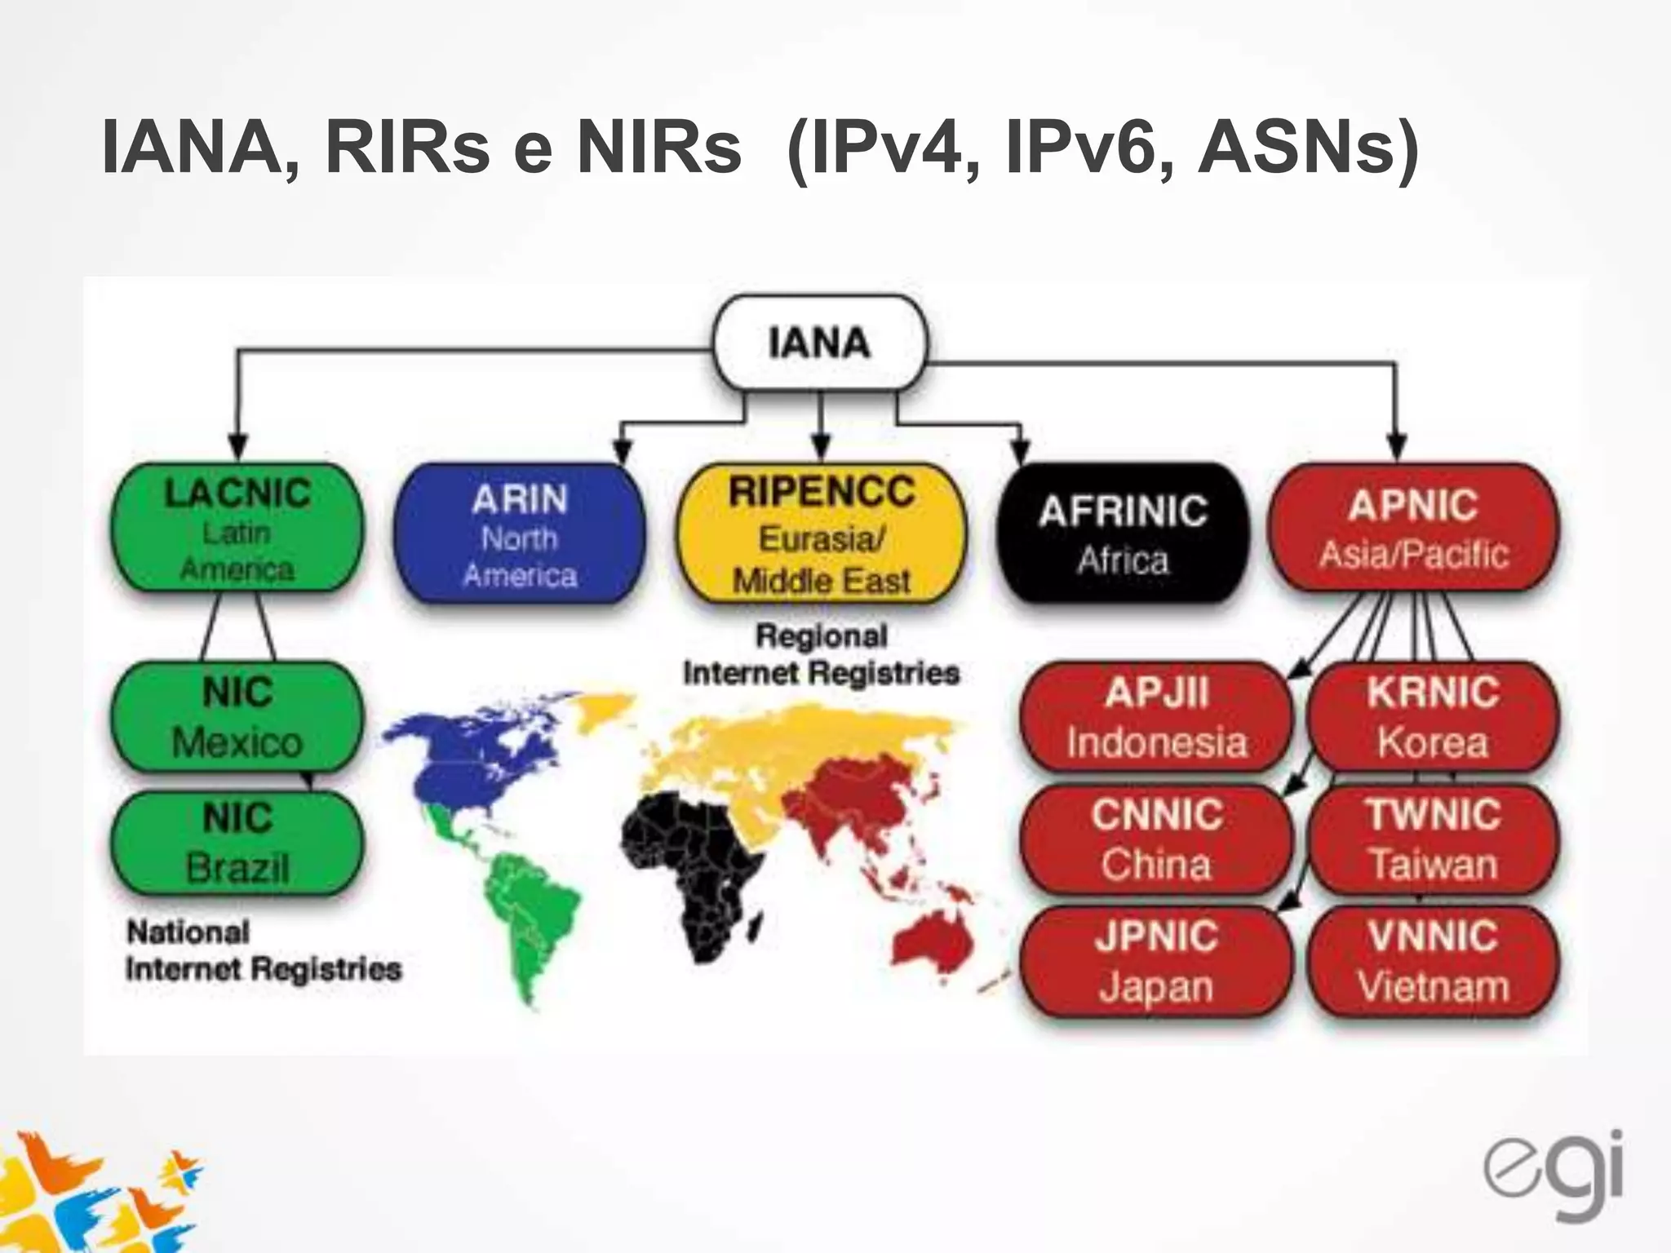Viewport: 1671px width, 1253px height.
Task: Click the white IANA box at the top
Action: pos(819,343)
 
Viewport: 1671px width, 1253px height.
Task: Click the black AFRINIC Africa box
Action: pos(1123,533)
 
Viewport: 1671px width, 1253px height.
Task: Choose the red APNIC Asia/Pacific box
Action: pos(1412,527)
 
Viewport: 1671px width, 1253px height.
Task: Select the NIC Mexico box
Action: pos(237,717)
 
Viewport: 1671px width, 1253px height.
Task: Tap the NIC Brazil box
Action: pos(237,842)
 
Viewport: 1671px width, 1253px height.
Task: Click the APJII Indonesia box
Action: pos(1157,717)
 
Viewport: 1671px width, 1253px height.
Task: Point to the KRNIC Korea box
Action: pos(1433,717)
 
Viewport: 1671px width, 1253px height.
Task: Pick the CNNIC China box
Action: pos(1157,839)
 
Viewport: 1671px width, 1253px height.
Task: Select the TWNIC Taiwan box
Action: pos(1433,839)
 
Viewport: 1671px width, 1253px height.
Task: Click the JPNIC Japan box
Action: pos(1157,961)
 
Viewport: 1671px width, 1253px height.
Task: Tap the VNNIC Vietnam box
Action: pos(1433,961)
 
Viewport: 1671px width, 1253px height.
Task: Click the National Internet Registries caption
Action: pos(263,950)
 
